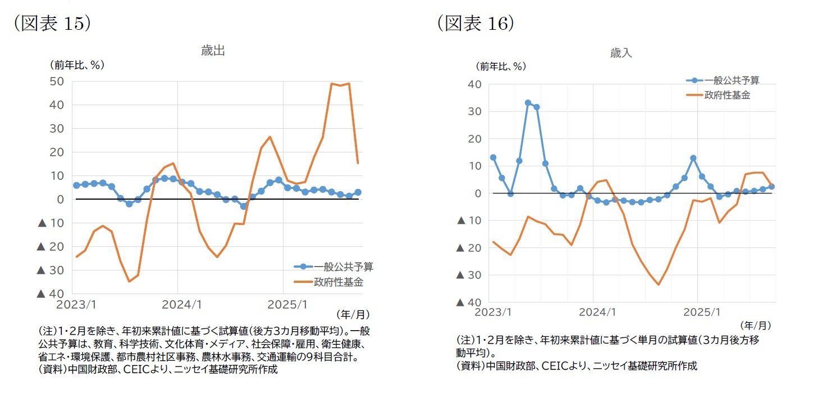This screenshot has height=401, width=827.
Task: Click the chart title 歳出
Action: coord(213,51)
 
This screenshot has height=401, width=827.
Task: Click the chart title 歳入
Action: coord(621,53)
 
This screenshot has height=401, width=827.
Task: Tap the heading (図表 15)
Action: coord(51,22)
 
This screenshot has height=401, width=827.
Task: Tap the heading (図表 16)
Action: coord(475,22)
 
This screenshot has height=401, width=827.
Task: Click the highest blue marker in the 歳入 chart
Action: coord(528,103)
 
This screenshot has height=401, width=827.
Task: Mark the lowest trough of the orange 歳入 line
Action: coord(659,285)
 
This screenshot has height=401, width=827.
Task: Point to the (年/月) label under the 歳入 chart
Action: coord(755,325)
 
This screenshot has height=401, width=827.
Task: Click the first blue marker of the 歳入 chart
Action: coord(493,157)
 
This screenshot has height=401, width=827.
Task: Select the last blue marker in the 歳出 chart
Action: coord(358,192)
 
